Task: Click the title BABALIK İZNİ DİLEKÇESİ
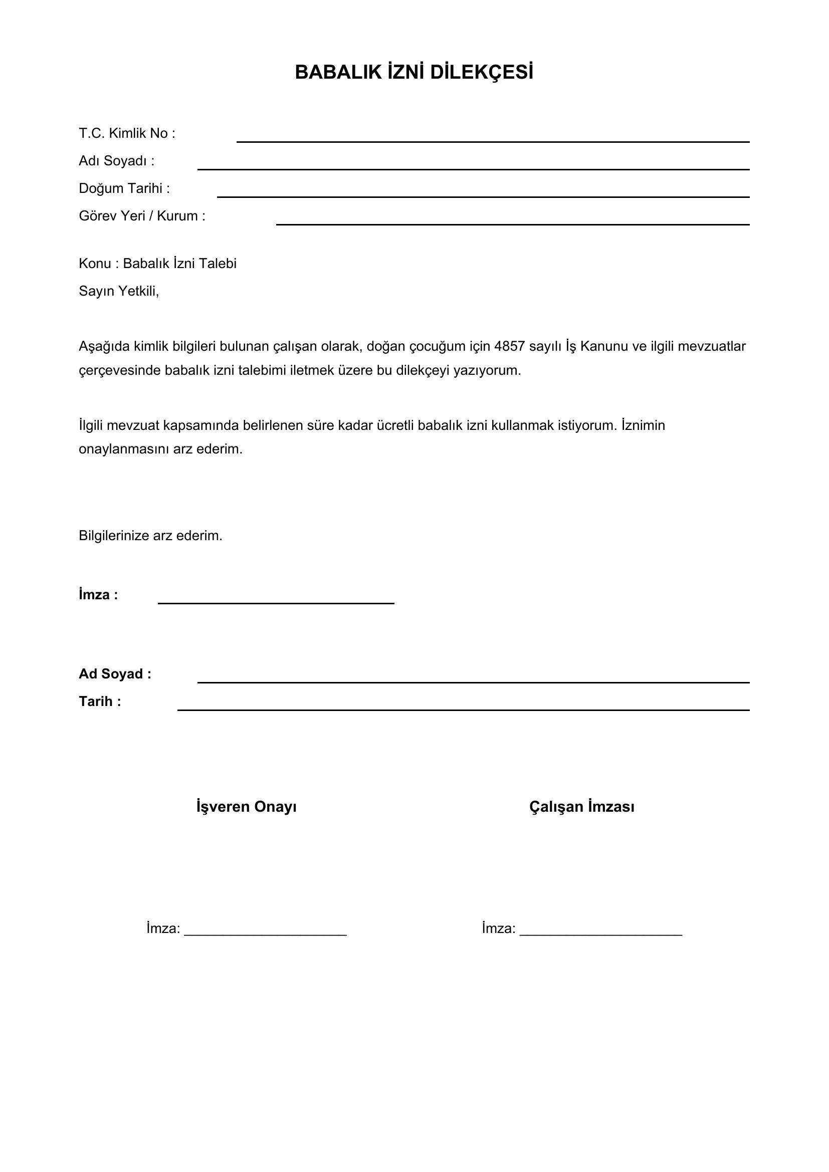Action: [414, 73]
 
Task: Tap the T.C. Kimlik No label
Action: [127, 133]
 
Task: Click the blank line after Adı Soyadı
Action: [473, 168]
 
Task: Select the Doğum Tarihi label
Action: [124, 188]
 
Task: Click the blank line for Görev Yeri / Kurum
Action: [512, 223]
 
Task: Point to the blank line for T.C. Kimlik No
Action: [493, 140]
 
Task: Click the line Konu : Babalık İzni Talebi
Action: [157, 264]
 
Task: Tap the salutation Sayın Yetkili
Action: [118, 291]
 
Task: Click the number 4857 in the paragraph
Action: [509, 346]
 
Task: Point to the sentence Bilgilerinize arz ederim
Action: [150, 536]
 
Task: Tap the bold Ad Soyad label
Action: [115, 674]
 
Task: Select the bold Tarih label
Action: [100, 701]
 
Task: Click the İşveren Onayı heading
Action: [247, 807]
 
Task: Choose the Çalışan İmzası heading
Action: [581, 807]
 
